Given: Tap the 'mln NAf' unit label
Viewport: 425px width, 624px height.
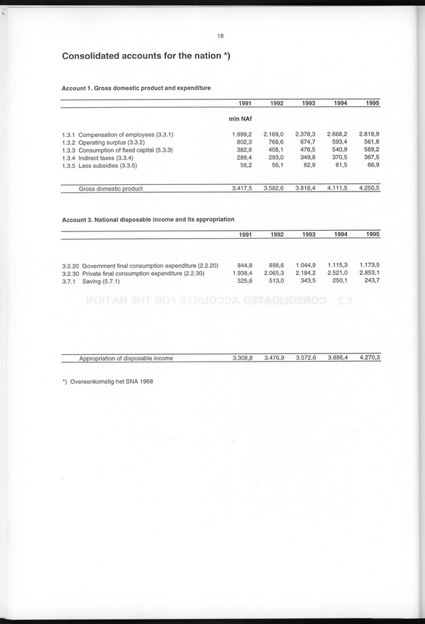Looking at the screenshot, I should coord(241,119).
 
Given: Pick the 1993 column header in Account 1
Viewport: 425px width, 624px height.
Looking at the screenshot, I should coord(308,103).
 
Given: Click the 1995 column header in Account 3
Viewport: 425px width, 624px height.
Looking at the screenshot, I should coord(372,234).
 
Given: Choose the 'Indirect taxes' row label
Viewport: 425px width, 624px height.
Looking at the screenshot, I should coord(107,158).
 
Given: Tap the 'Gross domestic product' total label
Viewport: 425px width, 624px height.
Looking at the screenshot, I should coord(111,189).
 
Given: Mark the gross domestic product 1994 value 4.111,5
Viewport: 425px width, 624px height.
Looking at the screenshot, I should coord(337,189).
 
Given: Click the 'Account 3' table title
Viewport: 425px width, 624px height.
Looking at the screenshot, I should coord(148,219).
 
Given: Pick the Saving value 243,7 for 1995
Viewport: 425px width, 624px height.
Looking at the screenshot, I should coord(372,281).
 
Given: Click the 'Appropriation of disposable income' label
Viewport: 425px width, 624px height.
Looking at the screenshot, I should coord(126,358).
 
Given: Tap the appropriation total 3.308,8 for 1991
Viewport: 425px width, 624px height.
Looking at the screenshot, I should coord(242,358).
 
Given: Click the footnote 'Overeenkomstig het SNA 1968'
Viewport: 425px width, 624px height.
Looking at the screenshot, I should coord(112,382).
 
